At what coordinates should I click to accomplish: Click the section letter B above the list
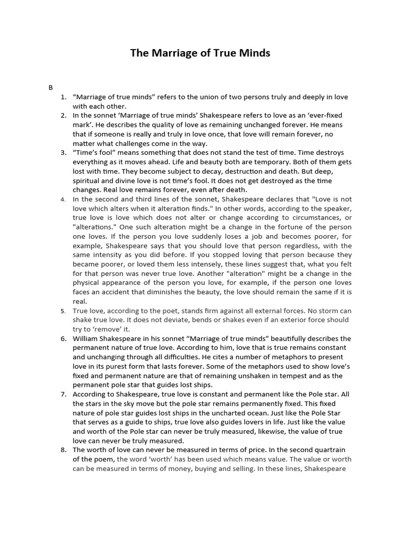pyautogui.click(x=51, y=88)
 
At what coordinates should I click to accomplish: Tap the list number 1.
pyautogui.click(x=63, y=97)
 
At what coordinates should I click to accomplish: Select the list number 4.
pyautogui.click(x=63, y=199)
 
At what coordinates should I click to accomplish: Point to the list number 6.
pyautogui.click(x=63, y=338)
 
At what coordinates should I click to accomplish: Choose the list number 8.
pyautogui.click(x=63, y=450)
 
